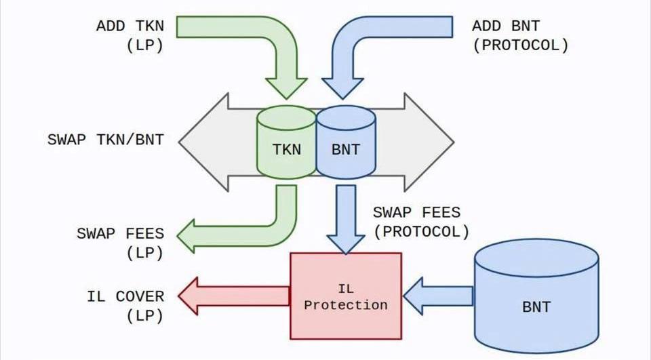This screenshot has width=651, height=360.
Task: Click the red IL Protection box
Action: (346, 296)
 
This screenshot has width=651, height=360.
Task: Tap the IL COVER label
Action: (125, 296)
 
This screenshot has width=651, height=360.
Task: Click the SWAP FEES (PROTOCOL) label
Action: (421, 222)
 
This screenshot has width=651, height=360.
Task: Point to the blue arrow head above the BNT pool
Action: (343, 88)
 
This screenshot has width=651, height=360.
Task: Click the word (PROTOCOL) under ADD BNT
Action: (520, 45)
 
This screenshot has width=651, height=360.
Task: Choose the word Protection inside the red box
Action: (346, 305)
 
